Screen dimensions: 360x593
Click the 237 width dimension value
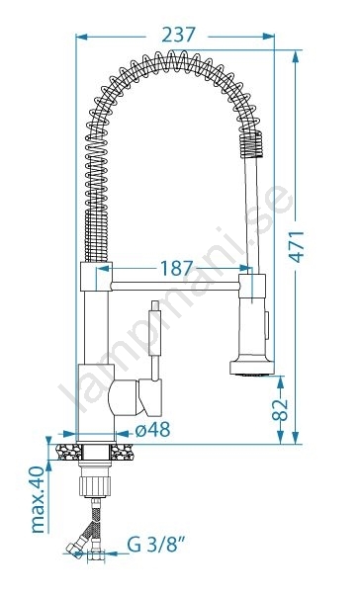click(x=178, y=36)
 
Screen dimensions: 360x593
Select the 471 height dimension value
click(x=297, y=246)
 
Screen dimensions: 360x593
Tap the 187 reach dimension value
click(x=177, y=268)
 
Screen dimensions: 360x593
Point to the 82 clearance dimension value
click(x=280, y=409)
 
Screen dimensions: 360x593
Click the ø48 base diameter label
click(x=152, y=430)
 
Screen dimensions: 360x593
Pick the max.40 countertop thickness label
click(x=39, y=500)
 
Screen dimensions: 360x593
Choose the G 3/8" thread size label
click(x=156, y=545)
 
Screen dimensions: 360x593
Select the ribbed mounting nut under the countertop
click(x=95, y=486)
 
